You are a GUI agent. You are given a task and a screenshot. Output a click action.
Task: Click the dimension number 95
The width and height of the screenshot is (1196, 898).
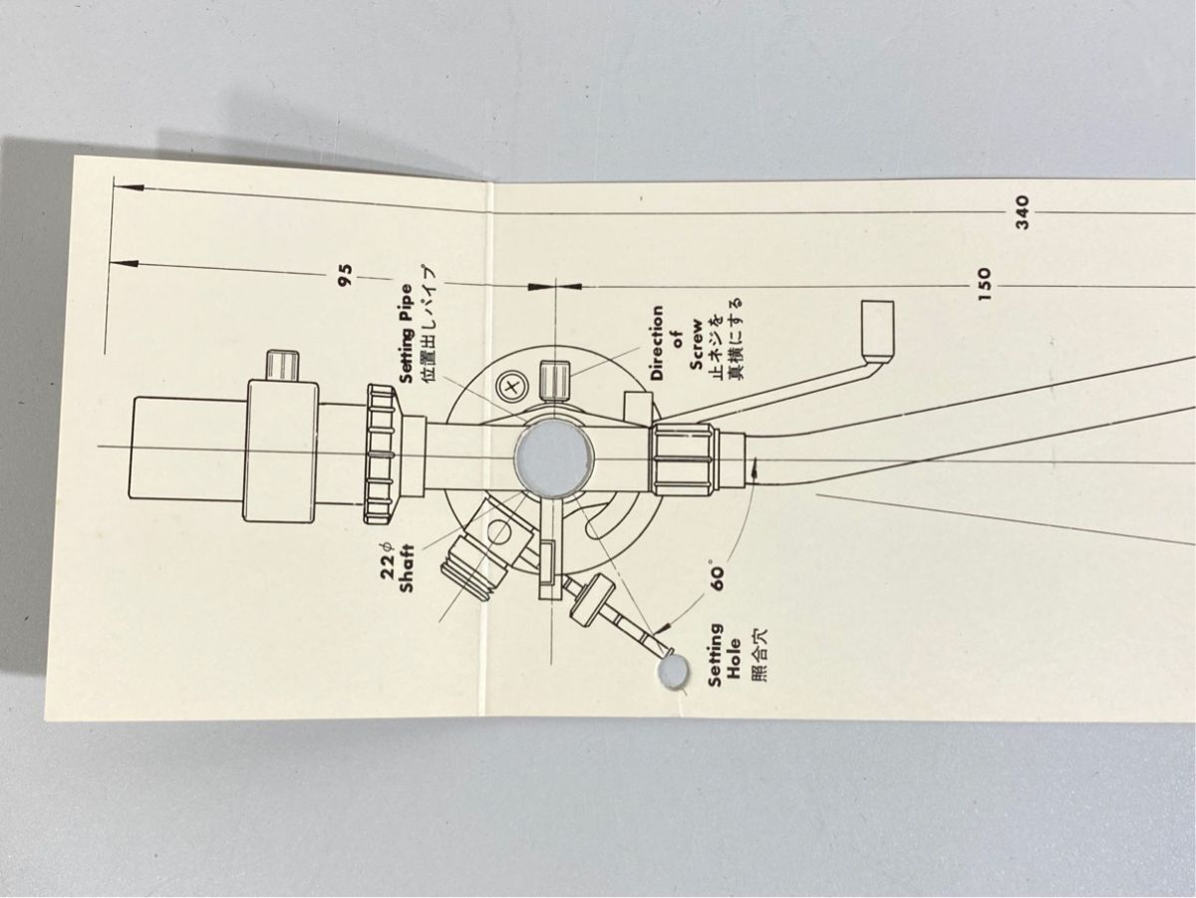[x=346, y=276]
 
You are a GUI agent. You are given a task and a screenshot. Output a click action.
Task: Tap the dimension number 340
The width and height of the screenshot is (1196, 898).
[x=1022, y=211]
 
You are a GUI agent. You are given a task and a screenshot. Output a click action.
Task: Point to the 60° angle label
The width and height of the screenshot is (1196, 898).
[x=719, y=578]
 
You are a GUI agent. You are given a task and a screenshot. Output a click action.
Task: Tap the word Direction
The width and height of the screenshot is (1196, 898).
[x=657, y=343]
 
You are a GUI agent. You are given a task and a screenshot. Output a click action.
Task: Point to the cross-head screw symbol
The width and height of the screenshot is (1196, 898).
[x=512, y=383]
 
